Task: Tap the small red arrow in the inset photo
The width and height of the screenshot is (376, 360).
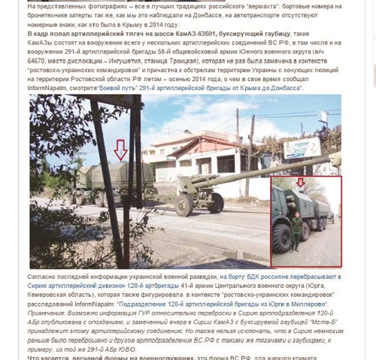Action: tap(301, 182)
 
